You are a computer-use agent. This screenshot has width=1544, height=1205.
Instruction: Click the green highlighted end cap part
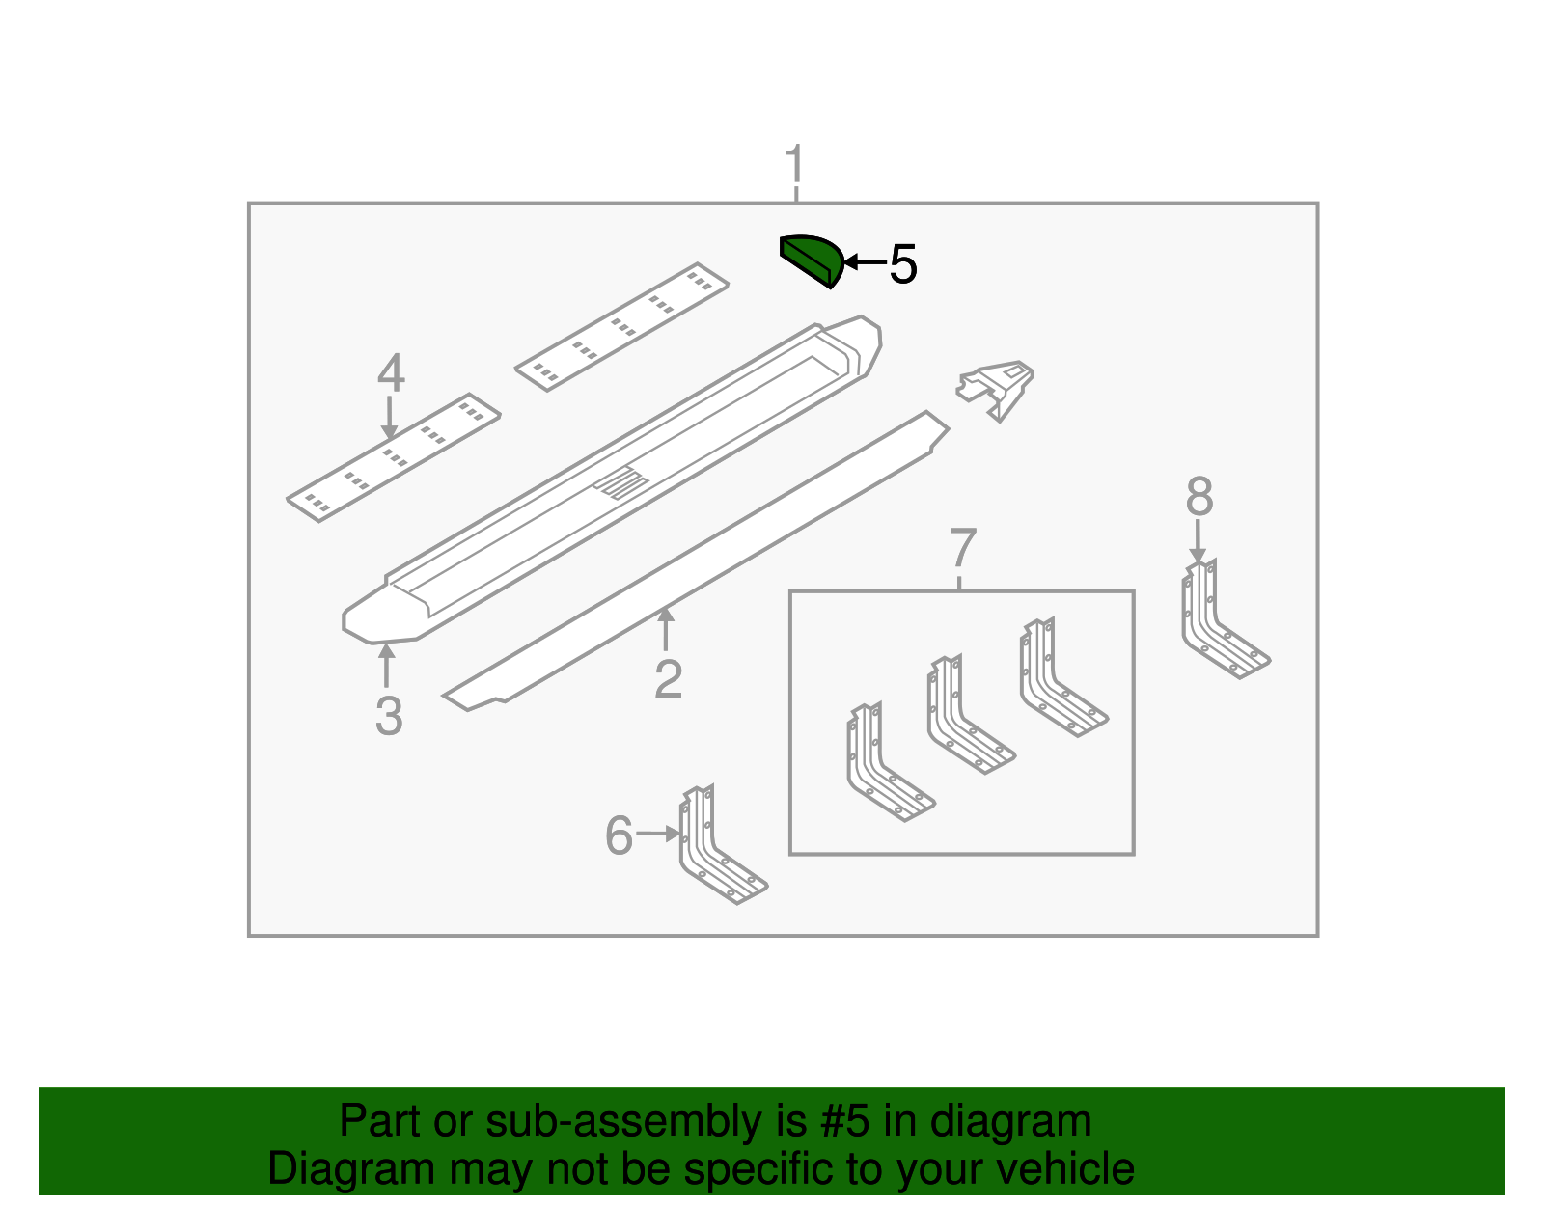811,260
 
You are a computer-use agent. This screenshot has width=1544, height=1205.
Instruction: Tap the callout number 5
903,264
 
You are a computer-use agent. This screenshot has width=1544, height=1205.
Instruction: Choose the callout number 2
668,679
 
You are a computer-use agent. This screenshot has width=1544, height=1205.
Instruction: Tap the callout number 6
963,547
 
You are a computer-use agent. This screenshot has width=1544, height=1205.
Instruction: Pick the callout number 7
1199,496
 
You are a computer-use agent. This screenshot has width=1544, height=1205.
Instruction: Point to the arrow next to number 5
865,262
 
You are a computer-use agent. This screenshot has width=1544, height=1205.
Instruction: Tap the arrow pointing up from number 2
665,629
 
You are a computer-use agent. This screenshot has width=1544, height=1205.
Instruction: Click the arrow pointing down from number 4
389,418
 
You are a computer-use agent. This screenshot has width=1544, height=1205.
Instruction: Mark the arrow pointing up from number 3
386,666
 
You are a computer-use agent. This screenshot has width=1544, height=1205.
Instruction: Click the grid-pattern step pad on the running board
621,482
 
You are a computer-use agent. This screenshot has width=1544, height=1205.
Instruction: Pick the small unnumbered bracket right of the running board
996,390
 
